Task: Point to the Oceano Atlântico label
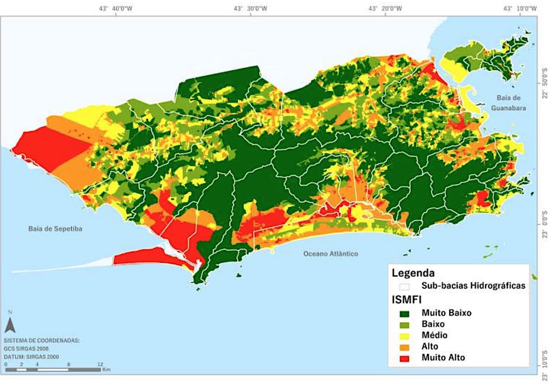pos(331,254)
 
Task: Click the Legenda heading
pos(413,273)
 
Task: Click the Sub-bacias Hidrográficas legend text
pos(473,286)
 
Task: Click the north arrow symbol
pos(10,323)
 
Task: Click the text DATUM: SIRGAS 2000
pos(31,357)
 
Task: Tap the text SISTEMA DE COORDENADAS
pos(42,340)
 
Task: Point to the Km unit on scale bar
pos(106,370)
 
